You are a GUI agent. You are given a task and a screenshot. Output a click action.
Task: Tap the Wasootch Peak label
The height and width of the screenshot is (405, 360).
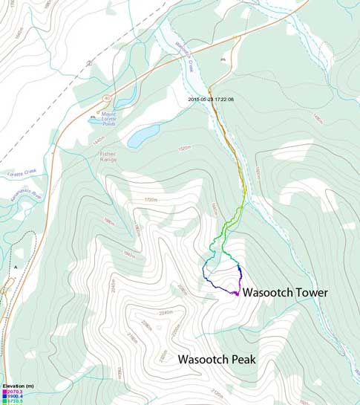pyautogui.click(x=216, y=359)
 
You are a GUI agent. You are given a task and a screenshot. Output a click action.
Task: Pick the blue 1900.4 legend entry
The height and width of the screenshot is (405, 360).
pyautogui.click(x=15, y=397)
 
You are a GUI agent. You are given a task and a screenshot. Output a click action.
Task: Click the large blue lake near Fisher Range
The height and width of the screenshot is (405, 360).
pyautogui.click(x=143, y=136)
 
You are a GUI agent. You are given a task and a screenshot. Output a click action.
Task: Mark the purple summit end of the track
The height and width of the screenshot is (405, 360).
pyautogui.click(x=236, y=294)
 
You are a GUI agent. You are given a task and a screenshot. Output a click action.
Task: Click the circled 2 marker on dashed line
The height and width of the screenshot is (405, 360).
pyautogui.click(x=88, y=62)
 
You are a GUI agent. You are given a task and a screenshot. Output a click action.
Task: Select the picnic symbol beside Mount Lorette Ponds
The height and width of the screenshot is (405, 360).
pyautogui.click(x=93, y=117)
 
